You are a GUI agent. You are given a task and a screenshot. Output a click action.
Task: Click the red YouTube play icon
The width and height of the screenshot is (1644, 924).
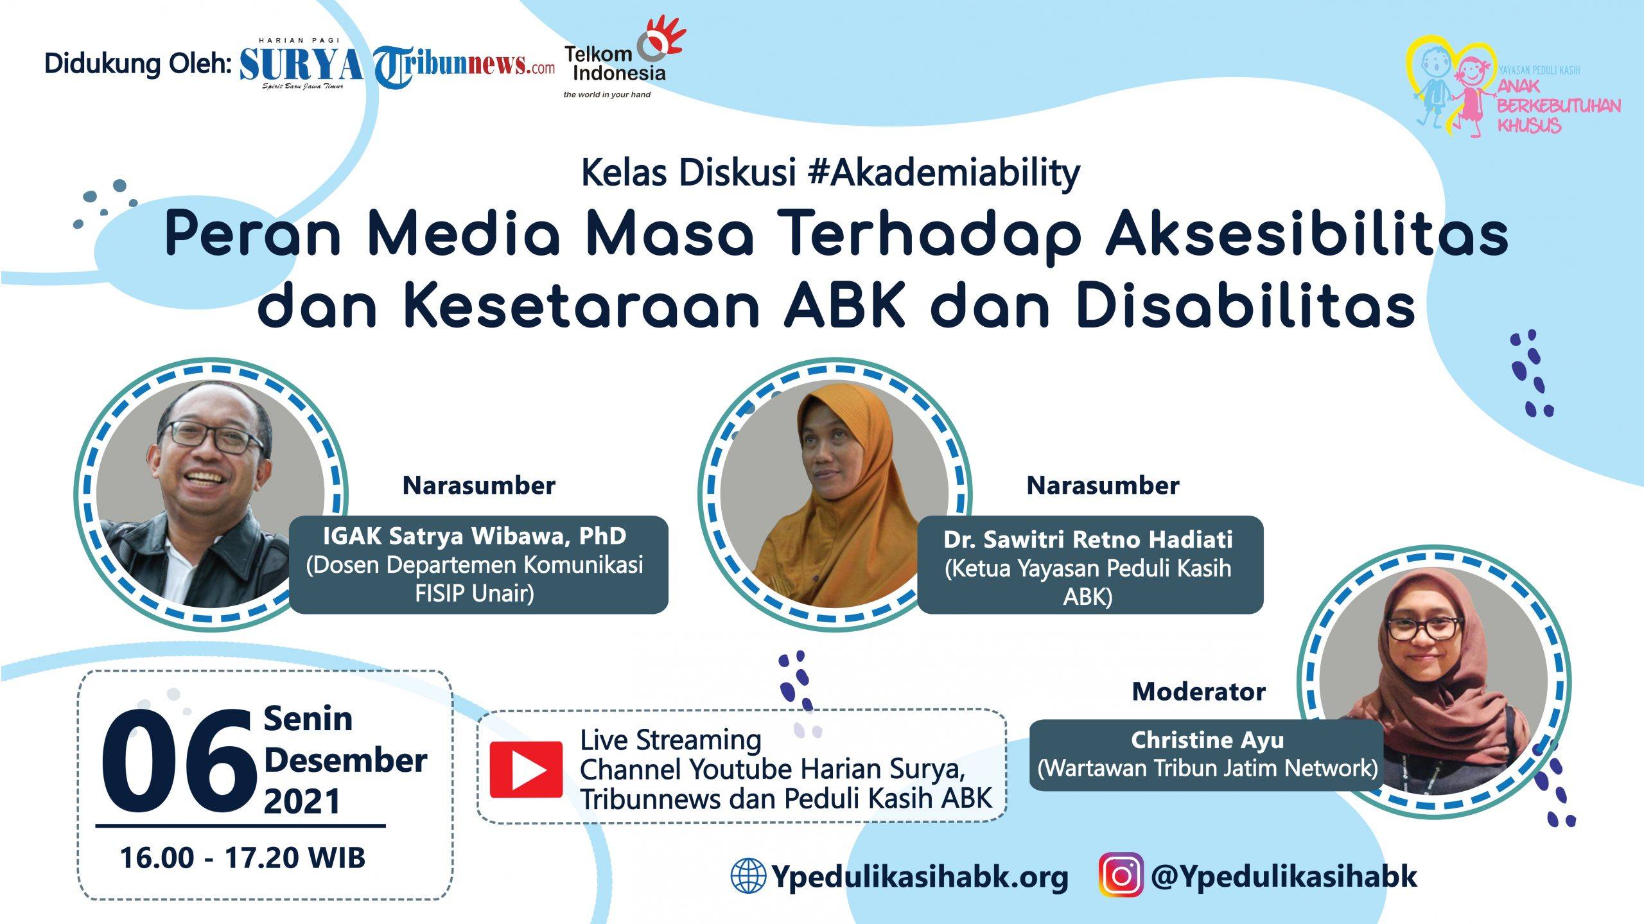coord(526,769)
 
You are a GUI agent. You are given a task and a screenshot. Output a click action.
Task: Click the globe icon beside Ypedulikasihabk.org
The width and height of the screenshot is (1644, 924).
coord(748,876)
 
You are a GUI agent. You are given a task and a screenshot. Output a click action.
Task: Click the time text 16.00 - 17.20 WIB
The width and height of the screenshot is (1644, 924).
coord(243,857)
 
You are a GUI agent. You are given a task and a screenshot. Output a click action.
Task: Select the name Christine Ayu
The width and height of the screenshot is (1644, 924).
coord(1207,740)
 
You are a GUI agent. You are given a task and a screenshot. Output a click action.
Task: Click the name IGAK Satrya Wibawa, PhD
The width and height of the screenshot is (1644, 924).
coord(475,536)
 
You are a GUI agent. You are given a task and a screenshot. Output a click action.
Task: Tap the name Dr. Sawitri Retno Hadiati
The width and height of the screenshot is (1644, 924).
coord(1088,539)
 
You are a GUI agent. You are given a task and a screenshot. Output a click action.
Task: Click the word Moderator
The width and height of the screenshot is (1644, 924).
coord(1198,692)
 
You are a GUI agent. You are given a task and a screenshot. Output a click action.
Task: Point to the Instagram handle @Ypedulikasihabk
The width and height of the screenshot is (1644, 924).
coord(1284,876)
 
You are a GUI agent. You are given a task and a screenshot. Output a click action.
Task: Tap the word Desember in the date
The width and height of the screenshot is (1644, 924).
coord(345,760)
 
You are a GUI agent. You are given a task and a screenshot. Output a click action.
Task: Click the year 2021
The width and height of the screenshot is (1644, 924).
coord(302,801)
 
